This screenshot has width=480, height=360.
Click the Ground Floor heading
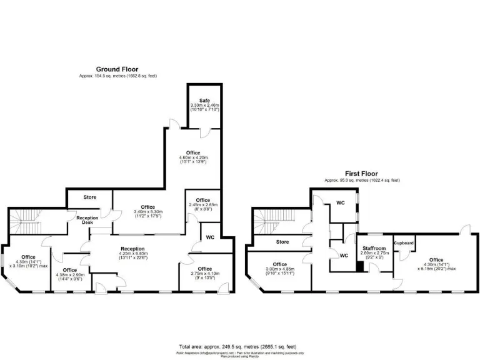(117, 69)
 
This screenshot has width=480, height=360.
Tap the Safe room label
(205, 100)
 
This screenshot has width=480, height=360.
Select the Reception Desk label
(87, 219)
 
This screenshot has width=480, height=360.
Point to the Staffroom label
(374, 248)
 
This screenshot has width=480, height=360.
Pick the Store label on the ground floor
(90, 197)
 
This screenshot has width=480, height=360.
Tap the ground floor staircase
(26, 218)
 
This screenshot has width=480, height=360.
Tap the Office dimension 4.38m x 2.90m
(70, 276)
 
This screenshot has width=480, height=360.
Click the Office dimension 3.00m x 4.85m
(279, 271)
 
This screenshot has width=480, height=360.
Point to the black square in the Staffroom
(359, 266)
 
